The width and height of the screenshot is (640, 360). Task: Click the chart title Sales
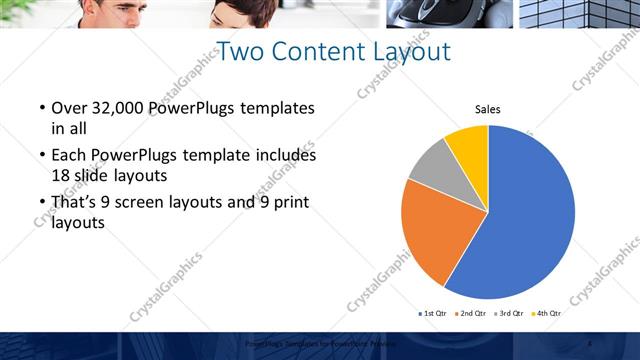(487, 109)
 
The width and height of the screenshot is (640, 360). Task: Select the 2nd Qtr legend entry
(473, 313)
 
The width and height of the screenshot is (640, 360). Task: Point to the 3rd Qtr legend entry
(511, 313)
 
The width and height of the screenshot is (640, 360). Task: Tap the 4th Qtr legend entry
(548, 313)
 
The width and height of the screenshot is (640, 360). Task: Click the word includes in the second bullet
(284, 156)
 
